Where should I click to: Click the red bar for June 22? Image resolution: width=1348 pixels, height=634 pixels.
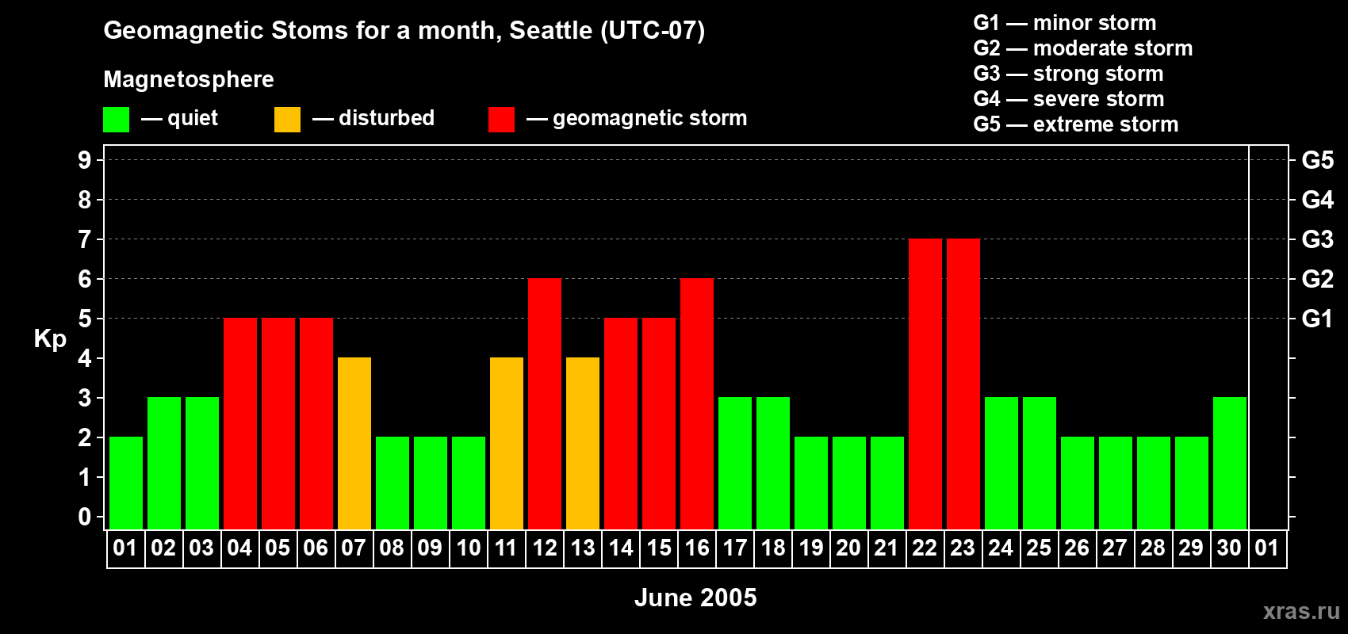pos(925,384)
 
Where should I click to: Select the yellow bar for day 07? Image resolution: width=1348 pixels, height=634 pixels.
pos(354,443)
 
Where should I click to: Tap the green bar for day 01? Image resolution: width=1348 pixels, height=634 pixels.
pos(126,483)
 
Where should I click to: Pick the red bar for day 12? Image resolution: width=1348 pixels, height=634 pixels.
pos(545,403)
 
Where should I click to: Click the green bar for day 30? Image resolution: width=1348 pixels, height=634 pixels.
pos(1229,463)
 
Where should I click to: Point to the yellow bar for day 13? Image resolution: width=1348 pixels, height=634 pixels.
pos(583,443)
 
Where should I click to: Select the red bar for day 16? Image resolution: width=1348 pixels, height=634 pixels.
pos(697,403)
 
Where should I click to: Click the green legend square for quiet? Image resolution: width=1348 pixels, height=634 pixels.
pos(116,119)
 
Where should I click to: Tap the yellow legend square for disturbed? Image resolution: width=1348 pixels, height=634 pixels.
pos(287,119)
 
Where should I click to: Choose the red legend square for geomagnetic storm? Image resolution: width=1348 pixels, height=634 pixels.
pos(502,119)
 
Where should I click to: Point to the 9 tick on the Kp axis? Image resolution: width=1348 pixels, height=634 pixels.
pos(84,160)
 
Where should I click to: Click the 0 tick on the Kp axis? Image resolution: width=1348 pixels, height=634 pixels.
pos(84,517)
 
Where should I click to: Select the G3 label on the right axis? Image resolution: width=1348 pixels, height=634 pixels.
pos(1317,239)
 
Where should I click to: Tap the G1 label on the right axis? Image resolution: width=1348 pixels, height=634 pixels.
pos(1317,319)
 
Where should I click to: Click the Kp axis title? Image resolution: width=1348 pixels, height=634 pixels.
pos(50,339)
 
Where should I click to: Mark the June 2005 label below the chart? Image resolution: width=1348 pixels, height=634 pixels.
pos(695,598)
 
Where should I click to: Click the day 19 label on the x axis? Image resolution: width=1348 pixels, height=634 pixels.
pos(810,548)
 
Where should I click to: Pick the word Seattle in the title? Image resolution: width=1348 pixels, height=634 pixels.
pos(550,30)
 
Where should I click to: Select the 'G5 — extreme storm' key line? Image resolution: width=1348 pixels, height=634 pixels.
pos(1076,124)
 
